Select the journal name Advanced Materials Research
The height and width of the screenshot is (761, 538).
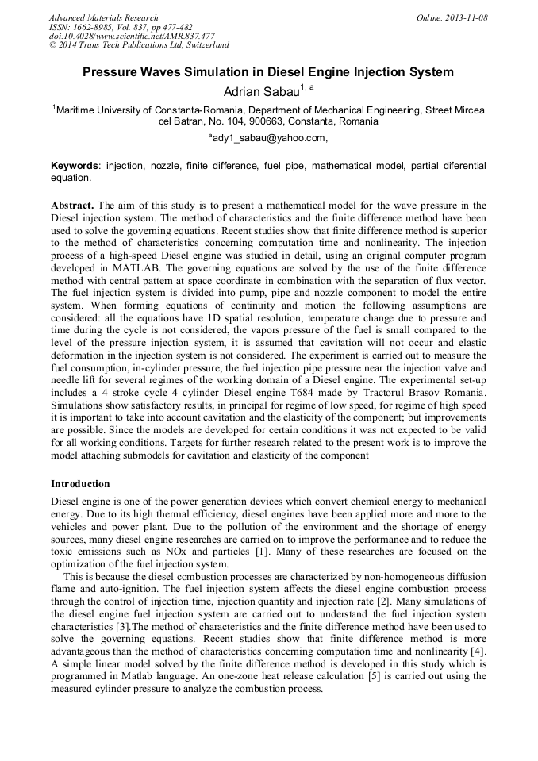tap(103, 17)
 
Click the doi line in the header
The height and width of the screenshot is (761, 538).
tap(132, 36)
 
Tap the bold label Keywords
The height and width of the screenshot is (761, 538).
tap(75, 166)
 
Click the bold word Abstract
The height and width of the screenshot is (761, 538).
tap(73, 205)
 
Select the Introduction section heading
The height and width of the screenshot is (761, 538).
tap(80, 483)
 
